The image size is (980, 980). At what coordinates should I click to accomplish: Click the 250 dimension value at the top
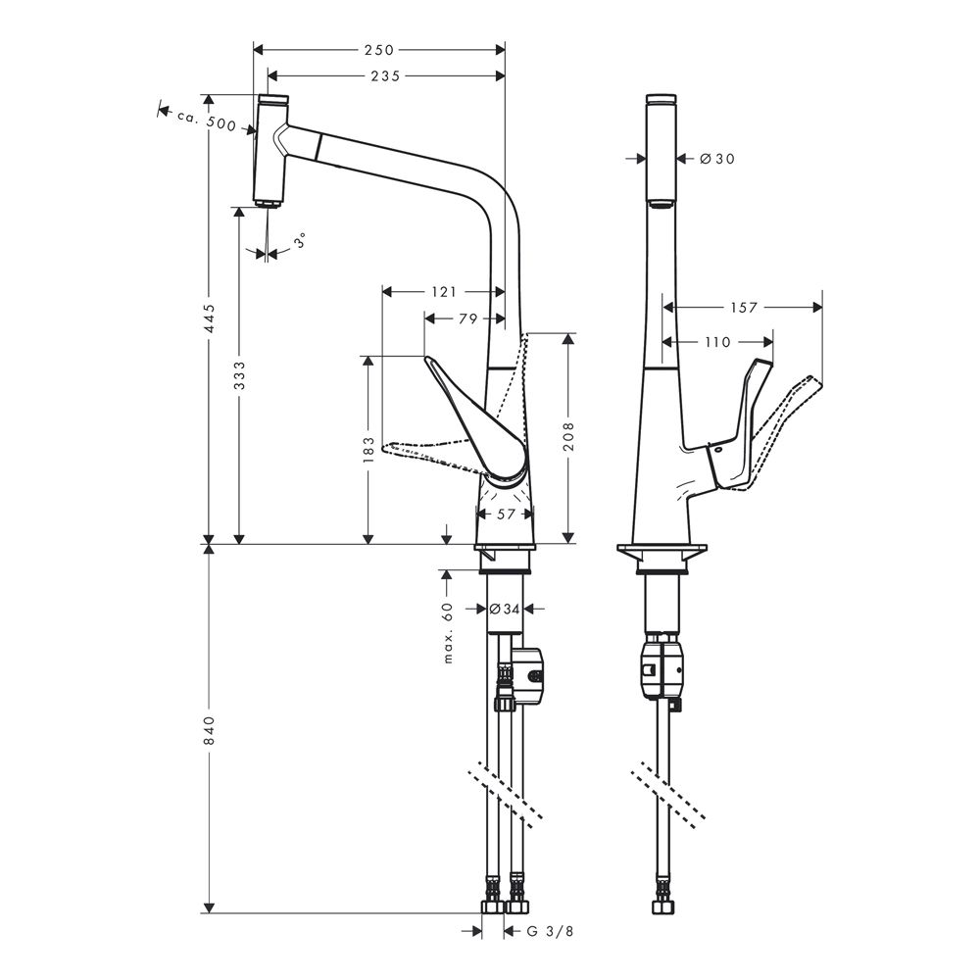coord(379,49)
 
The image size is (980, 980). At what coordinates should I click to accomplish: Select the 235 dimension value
coord(385,75)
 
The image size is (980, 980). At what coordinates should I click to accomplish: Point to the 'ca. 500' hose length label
coord(206,121)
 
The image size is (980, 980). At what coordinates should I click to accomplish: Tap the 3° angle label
coord(301,241)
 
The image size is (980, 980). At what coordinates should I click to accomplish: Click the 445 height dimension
coord(210,318)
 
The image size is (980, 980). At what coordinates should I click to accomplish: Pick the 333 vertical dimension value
coord(239,375)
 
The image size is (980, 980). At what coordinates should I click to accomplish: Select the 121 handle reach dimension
coord(444,291)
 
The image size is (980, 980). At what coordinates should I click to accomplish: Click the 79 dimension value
coord(468,318)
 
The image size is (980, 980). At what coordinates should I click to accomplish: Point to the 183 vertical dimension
coord(368,450)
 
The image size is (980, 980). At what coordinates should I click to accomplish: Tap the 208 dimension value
coord(567,436)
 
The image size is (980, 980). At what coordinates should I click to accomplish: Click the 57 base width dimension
coord(506,514)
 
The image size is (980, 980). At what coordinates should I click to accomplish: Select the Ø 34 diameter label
coord(505,609)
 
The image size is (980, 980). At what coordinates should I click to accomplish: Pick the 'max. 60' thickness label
coord(448,632)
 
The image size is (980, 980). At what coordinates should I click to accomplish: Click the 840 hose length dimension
coord(210,729)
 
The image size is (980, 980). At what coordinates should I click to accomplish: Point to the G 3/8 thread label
coord(550,931)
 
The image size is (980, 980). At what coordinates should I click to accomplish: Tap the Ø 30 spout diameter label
coord(717,159)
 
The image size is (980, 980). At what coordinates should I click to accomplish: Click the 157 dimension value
coord(743,307)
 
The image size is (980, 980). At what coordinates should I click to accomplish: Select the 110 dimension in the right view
coord(717,342)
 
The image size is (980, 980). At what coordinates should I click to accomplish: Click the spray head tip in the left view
coord(269,203)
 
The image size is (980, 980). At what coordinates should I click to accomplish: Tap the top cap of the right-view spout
coord(661,99)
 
